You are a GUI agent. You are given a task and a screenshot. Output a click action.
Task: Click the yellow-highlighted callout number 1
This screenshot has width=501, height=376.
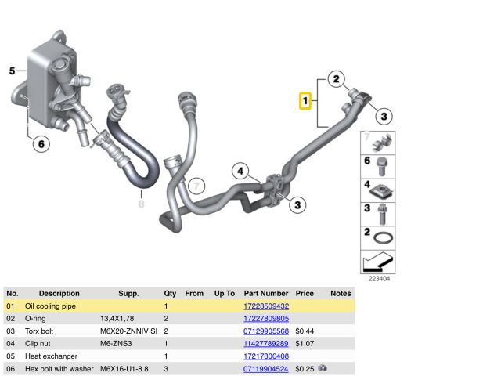tap(305, 101)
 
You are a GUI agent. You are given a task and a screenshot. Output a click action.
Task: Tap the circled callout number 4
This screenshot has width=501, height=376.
tap(240, 171)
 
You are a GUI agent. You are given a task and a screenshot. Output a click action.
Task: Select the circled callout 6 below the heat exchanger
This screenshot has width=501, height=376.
tap(41, 144)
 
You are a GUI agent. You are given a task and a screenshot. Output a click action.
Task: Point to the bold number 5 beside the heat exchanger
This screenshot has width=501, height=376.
tap(13, 70)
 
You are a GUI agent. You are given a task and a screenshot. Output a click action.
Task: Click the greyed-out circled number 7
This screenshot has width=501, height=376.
tap(196, 186)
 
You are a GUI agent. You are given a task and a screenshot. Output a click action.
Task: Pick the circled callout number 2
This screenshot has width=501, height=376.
tap(336, 79)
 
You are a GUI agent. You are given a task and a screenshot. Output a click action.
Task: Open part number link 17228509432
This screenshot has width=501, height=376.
tap(266, 306)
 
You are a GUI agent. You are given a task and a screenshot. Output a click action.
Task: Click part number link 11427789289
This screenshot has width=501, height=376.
tap(266, 343)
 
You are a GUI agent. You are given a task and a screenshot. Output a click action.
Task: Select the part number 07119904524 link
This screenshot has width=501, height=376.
tap(266, 369)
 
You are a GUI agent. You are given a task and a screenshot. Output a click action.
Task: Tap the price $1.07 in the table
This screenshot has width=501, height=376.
tap(305, 343)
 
